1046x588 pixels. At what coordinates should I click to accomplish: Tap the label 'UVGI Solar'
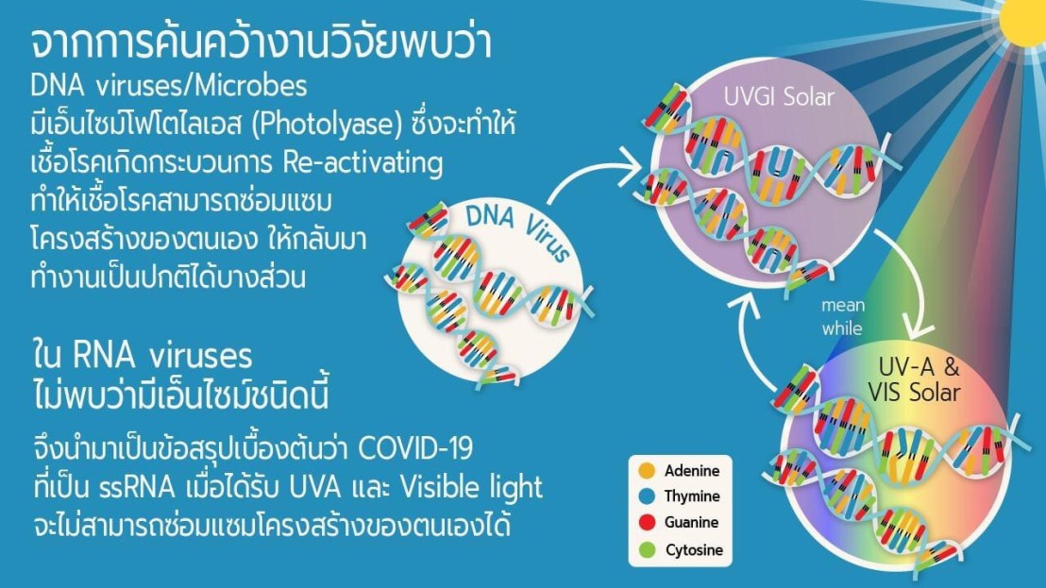click(x=779, y=97)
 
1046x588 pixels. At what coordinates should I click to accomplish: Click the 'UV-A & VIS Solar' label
click(x=914, y=380)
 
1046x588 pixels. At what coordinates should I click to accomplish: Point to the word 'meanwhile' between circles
click(x=842, y=317)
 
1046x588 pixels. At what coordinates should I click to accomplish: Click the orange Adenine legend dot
click(x=647, y=470)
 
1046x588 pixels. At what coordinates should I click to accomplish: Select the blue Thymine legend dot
click(x=647, y=496)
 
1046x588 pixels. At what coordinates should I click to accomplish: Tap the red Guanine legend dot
click(x=647, y=522)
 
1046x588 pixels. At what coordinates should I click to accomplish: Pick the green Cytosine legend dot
click(x=647, y=549)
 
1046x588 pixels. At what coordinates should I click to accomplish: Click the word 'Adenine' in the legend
click(x=692, y=471)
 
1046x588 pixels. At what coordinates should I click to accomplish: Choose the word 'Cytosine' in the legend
click(x=694, y=550)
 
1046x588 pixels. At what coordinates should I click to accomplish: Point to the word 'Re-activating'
click(x=363, y=162)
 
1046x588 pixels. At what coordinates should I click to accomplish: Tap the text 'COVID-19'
click(x=415, y=448)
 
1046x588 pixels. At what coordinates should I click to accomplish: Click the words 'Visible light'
click(x=471, y=488)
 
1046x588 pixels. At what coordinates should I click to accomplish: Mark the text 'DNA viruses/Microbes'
click(x=169, y=86)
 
